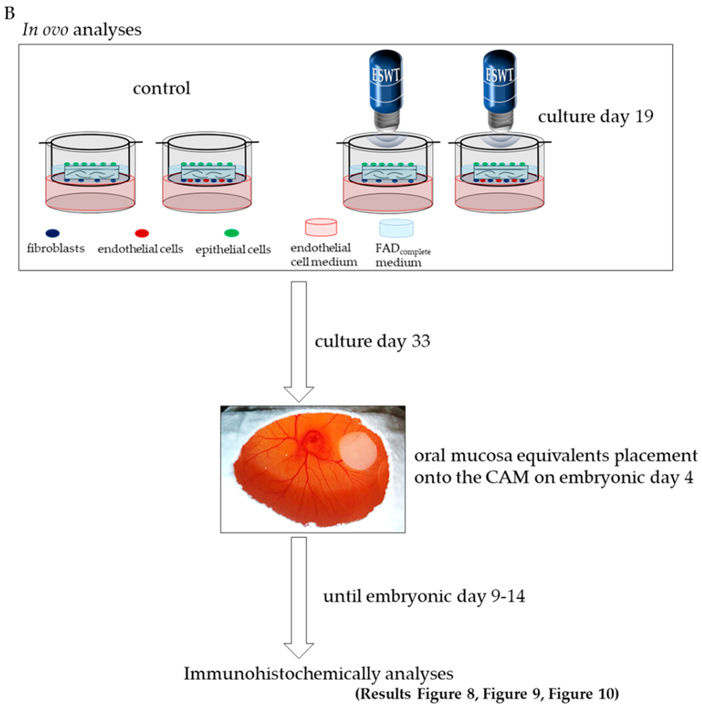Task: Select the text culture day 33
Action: coord(372,341)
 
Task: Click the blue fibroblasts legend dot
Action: coord(53,233)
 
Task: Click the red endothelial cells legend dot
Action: coord(142,233)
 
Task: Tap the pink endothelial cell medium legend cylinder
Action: coord(321,227)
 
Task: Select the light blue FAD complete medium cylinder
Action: coord(396,228)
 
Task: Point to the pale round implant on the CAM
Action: coord(357,451)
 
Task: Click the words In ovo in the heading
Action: coord(45,29)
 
